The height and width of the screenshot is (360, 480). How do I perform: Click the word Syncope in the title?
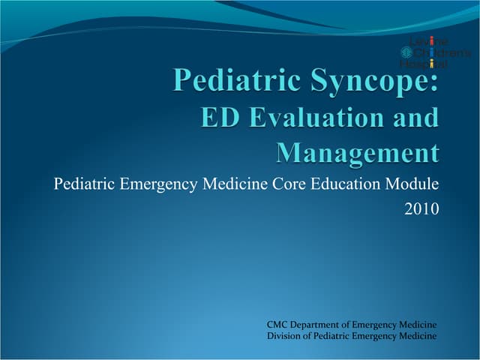(364, 80)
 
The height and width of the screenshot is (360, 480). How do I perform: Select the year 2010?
(421, 209)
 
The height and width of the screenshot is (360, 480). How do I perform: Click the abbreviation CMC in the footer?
(277, 324)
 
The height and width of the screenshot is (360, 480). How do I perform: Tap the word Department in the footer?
(322, 324)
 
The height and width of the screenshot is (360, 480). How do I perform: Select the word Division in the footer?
(284, 336)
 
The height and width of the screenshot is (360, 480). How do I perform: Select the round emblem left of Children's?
(407, 52)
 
